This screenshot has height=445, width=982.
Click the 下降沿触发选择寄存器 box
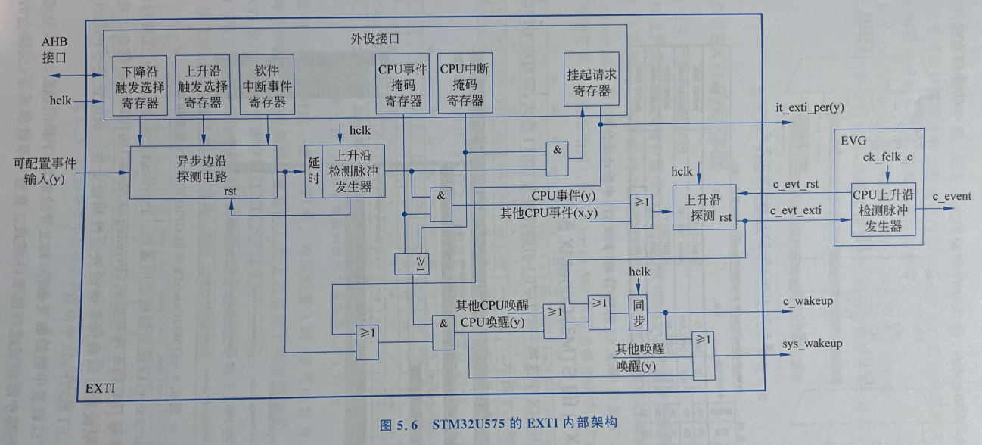coord(140,85)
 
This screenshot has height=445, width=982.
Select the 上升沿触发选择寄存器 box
coord(203,85)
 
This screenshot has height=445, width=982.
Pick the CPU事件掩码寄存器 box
coord(403,82)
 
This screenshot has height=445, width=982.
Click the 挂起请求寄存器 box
coord(588,82)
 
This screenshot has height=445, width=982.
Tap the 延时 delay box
coord(313,171)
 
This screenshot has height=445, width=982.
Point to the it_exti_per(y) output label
coord(810,108)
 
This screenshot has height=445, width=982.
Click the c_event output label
coord(952,197)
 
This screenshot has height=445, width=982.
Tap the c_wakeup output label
coord(808,301)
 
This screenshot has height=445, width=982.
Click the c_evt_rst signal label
coord(794,184)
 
